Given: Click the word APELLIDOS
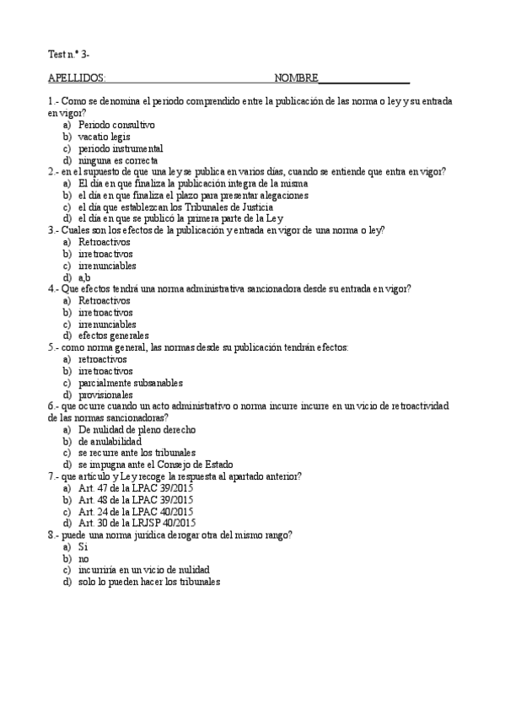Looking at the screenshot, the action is point(77,79).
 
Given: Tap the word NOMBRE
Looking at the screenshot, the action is point(296,79).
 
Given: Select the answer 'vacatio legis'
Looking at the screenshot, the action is point(105,137).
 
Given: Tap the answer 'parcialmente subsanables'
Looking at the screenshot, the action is point(130,382).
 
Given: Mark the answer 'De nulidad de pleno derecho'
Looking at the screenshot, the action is point(137,429).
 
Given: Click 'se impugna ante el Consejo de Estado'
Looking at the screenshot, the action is point(155,465).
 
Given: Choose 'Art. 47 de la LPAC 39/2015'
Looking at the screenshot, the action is point(135,487).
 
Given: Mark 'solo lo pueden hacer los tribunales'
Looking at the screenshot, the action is point(148,582).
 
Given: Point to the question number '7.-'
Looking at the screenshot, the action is point(54,476).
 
